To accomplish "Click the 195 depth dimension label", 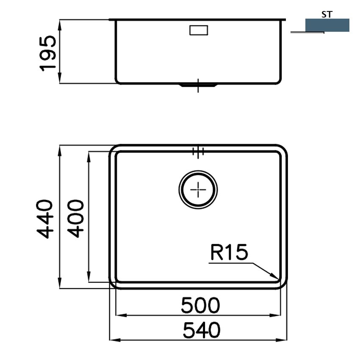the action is tap(48, 53).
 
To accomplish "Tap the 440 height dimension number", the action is tap(45, 219).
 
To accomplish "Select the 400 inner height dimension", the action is tap(76, 219).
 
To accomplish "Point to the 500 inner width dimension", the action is tap(200, 306).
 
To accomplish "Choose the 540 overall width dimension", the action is tap(201, 330).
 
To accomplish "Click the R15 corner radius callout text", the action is tap(229, 252).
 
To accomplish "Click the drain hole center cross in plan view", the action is tap(198, 190).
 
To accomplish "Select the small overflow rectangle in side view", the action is tap(199, 30).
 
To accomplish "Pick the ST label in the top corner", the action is tap(327, 15).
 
